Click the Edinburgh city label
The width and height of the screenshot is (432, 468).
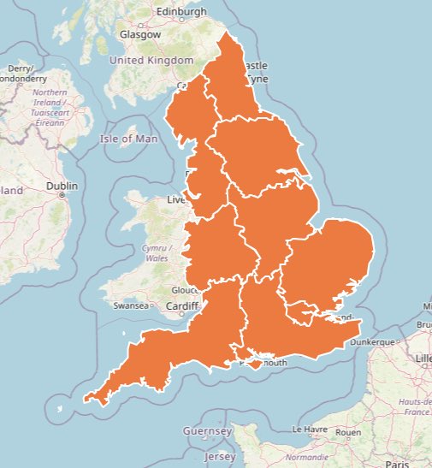[180, 12]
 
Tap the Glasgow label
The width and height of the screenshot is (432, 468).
[140, 35]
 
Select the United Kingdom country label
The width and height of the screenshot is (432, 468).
[151, 61]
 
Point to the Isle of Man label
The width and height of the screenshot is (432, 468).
[129, 138]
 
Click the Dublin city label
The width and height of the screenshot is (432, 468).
[62, 186]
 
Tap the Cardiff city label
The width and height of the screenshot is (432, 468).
[182, 306]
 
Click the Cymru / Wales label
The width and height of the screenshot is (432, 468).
[157, 252]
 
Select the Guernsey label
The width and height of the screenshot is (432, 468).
[209, 432]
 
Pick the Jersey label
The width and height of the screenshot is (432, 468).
[220, 456]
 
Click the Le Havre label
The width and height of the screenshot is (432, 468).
[310, 428]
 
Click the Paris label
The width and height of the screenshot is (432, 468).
[396, 464]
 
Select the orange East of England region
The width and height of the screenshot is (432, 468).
[329, 261]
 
